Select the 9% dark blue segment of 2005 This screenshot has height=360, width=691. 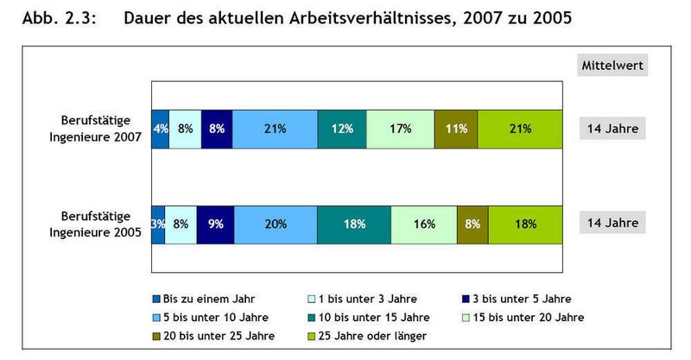point(215,224)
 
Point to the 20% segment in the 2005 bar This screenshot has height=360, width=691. point(276,224)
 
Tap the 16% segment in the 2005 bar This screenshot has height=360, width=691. point(423,224)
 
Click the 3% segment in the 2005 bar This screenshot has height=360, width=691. point(157,224)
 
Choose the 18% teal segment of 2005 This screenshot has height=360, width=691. point(354,224)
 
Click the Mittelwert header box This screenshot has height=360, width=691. point(612,65)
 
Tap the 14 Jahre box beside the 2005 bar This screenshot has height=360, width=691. point(612,223)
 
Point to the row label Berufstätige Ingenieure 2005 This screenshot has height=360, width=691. point(96,223)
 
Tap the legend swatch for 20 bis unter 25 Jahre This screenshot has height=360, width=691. point(155,335)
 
